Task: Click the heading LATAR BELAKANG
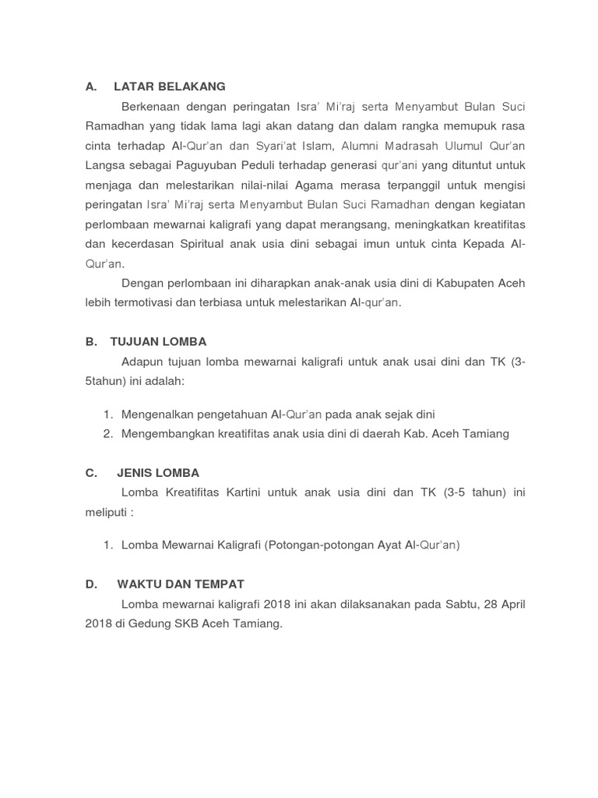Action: pyautogui.click(x=169, y=87)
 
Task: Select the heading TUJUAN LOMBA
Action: pyautogui.click(x=158, y=341)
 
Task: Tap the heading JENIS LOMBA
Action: pyautogui.click(x=158, y=472)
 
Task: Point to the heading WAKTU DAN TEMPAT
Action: pyautogui.click(x=181, y=584)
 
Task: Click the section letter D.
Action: pyautogui.click(x=90, y=584)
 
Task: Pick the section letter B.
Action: pyautogui.click(x=90, y=341)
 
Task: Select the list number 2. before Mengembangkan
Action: pyautogui.click(x=108, y=433)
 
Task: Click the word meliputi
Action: pyautogui.click(x=106, y=512)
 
